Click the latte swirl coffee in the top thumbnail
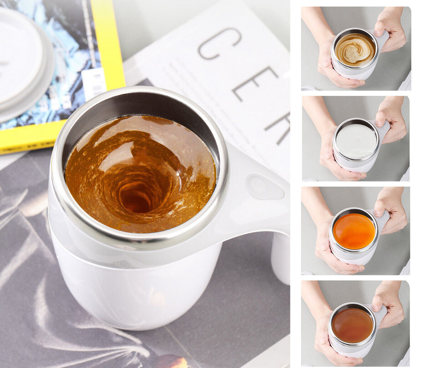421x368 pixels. pyautogui.click(x=355, y=49)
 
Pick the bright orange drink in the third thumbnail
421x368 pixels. pyautogui.click(x=354, y=231)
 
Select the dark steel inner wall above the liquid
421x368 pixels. pyautogui.click(x=140, y=105)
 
